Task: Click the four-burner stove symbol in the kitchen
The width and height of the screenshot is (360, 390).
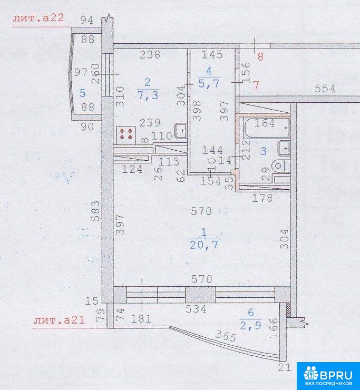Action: (126, 134)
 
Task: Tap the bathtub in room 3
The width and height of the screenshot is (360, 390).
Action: (267, 128)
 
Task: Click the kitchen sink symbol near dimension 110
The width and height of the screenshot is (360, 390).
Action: (181, 130)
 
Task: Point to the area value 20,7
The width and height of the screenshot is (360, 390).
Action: (204, 245)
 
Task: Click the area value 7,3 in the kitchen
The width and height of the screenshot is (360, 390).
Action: (148, 95)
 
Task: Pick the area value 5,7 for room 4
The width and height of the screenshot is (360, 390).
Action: (209, 83)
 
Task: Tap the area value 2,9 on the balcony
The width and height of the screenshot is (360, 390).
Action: (250, 325)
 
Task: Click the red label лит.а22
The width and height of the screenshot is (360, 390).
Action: (38, 18)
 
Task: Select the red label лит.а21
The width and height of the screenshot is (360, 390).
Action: (60, 320)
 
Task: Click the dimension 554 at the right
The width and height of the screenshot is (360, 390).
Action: (325, 89)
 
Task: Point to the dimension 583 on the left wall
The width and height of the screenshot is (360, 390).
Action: (95, 211)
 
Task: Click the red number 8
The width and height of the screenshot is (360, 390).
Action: (260, 57)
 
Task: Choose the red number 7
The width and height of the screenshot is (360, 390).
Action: (256, 85)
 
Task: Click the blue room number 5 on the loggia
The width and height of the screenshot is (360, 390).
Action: (83, 93)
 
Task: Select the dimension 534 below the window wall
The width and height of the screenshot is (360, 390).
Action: (196, 309)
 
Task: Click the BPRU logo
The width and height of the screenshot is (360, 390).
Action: (328, 376)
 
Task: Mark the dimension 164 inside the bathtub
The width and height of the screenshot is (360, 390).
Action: (265, 123)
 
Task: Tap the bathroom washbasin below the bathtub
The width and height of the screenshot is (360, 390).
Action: (284, 148)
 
